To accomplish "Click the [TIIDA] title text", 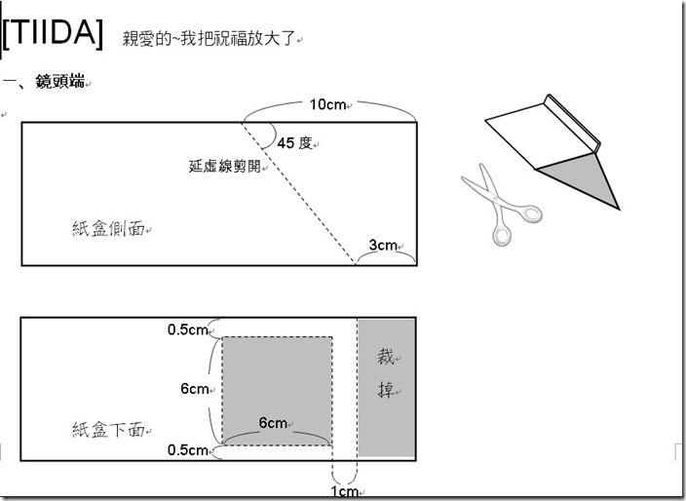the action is coord(53,34).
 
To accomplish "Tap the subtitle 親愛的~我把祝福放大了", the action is coord(210,39).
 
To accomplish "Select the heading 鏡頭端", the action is coord(60,81).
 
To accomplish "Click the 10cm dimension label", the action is coord(327,104).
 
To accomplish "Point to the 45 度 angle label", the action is coord(294,142).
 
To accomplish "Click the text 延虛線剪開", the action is coord(225,166).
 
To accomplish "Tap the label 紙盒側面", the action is coord(108,228).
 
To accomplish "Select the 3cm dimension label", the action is coord(383,245).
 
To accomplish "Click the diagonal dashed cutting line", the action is coord(298,194).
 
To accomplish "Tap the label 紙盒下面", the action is coord(108,430).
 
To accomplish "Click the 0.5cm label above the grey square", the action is coord(187,329).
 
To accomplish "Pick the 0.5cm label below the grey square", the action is coord(187,449).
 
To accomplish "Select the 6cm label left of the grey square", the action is coord(195,389).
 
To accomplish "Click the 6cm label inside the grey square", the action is coord(273,423).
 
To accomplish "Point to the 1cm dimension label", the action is coord(344,491).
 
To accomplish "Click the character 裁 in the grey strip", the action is coord(386,357).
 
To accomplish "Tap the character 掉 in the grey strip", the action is coord(386,389).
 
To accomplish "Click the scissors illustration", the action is coord(502,205).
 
